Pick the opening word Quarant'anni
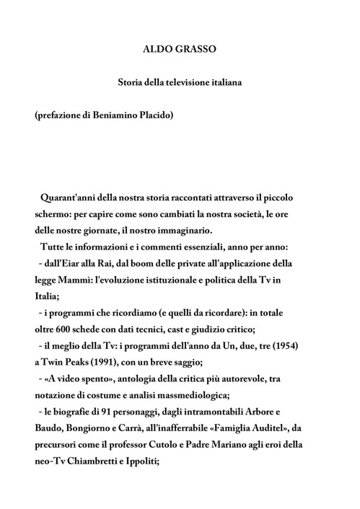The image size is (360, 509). point(70,197)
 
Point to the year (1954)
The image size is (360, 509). point(284,346)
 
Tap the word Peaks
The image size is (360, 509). point(75,363)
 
